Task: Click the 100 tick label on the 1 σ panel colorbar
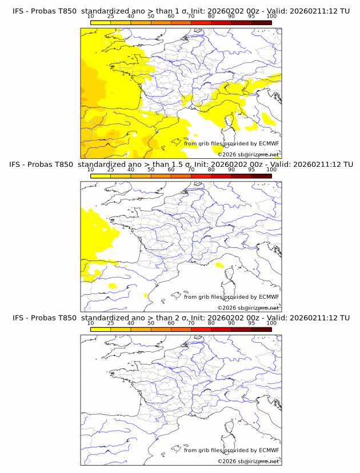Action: click(271, 16)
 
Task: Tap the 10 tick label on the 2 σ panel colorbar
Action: click(91, 323)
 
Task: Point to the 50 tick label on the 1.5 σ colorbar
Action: click(151, 170)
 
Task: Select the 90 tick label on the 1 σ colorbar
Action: click(231, 16)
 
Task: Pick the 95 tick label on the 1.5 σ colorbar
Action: click(251, 170)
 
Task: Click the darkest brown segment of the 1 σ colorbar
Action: click(261, 22)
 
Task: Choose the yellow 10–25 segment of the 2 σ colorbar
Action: click(101, 329)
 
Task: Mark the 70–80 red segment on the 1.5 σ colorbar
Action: click(201, 176)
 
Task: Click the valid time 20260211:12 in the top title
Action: click(318, 11)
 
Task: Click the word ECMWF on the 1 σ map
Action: click(269, 143)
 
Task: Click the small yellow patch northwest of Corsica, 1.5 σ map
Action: click(219, 265)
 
